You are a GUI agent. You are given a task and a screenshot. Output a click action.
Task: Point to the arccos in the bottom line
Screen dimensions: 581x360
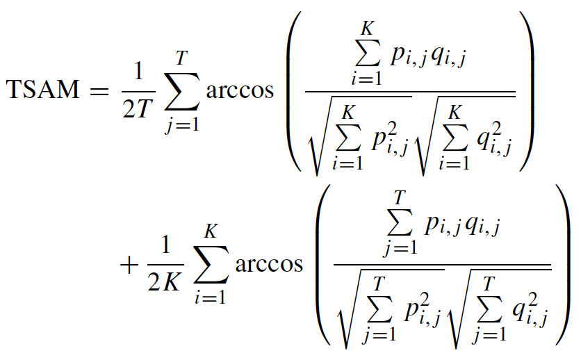click(270, 265)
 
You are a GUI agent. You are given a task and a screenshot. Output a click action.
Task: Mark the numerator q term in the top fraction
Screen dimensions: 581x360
click(448, 60)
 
